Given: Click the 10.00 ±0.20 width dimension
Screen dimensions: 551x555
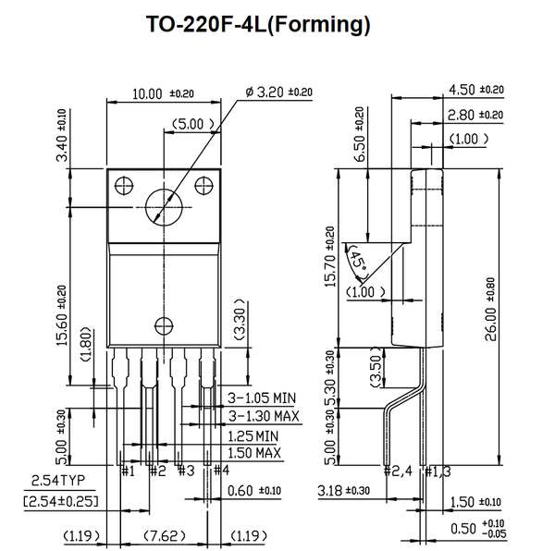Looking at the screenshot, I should [162, 93].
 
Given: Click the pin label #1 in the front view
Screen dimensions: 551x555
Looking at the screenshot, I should [129, 471].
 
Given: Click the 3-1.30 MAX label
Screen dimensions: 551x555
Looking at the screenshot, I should [264, 416].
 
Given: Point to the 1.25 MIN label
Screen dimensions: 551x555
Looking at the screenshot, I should [253, 435].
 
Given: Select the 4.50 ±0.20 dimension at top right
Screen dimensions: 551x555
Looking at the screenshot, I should [475, 90].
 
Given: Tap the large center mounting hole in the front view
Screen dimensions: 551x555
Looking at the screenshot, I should [165, 203].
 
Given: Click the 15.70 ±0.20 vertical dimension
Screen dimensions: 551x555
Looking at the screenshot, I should [330, 268].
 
